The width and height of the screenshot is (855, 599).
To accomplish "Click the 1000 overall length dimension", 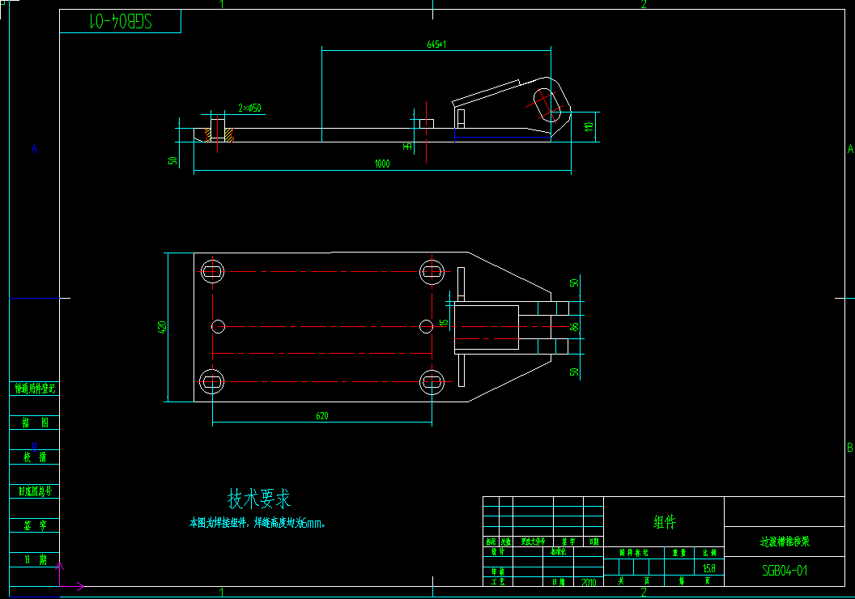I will (x=382, y=164).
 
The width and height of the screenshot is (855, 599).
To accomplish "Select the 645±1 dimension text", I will (x=436, y=45).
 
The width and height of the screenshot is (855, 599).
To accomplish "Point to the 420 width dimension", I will (x=162, y=327).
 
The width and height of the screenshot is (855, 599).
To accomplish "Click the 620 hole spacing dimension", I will (x=321, y=416).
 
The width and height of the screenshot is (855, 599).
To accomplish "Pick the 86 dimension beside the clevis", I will (x=575, y=327).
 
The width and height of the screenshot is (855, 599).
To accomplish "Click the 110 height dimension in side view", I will (x=589, y=126).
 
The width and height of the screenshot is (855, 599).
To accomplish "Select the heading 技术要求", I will (x=258, y=499).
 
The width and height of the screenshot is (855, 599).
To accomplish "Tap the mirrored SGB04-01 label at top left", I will (x=120, y=22).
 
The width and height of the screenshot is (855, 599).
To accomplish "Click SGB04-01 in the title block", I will (x=785, y=571).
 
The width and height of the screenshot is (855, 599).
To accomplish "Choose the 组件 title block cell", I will (x=664, y=522).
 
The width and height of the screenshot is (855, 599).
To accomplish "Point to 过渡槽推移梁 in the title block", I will (x=784, y=542).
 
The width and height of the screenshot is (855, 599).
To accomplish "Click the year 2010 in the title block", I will (x=589, y=581).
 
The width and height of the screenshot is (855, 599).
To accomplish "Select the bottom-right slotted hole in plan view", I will (x=432, y=380).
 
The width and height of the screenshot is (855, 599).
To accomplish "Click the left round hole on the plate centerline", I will (x=218, y=326).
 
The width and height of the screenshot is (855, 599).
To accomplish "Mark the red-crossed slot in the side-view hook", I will (x=549, y=104).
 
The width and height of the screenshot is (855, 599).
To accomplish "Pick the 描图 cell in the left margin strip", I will (x=35, y=423).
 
